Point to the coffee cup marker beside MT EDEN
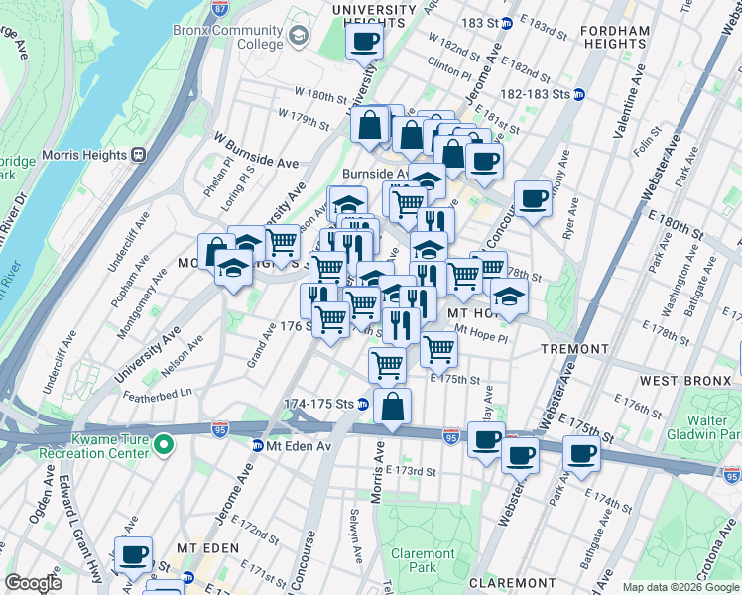pyautogui.click(x=132, y=555)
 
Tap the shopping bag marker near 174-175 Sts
pyautogui.click(x=393, y=406)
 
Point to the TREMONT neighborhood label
pyautogui.click(x=573, y=350)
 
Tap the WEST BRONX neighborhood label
pyautogui.click(x=673, y=381)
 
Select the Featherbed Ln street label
pyautogui.click(x=157, y=393)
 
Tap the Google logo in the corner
pyautogui.click(x=34, y=583)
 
